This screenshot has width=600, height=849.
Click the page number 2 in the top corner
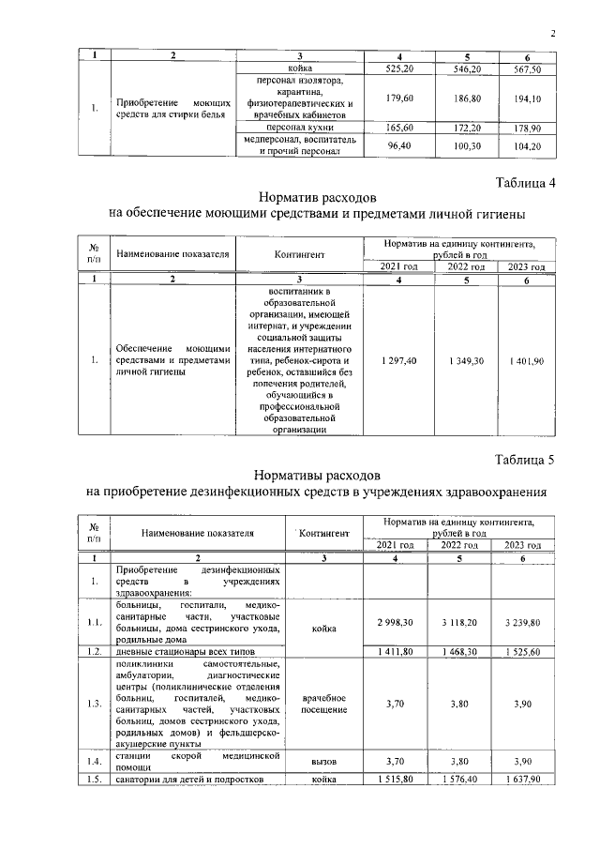[553, 35]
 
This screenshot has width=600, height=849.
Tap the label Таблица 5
[525, 460]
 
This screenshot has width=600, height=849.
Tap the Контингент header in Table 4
[300, 253]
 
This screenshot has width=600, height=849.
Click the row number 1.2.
[94, 650]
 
